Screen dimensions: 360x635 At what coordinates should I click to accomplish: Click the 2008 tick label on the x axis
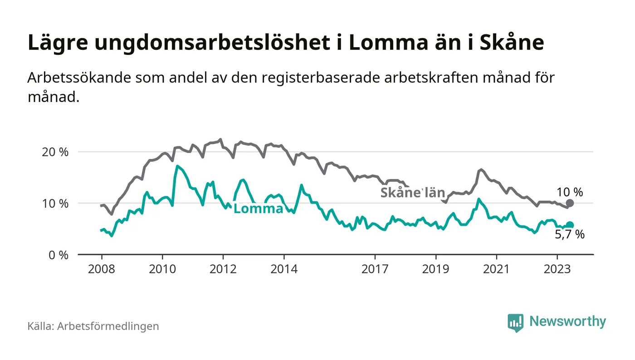click(x=101, y=269)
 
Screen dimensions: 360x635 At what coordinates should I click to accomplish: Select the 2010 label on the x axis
click(x=162, y=269)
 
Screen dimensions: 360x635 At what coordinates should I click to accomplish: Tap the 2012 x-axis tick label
click(x=223, y=269)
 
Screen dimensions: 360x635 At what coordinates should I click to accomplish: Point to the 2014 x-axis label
click(x=283, y=269)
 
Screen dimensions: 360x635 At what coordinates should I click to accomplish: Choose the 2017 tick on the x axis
click(x=375, y=269)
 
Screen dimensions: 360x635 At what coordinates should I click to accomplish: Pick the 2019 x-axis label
click(x=435, y=269)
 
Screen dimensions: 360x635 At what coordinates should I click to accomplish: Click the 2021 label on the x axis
click(x=496, y=269)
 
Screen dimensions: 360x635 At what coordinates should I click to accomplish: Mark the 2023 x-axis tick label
click(x=557, y=269)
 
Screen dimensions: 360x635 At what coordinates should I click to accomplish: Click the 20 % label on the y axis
click(x=54, y=152)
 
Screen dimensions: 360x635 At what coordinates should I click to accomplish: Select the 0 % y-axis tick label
click(x=58, y=255)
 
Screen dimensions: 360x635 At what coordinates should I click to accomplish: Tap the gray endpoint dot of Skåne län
click(x=570, y=203)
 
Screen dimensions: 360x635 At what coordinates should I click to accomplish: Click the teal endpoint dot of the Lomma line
click(x=570, y=225)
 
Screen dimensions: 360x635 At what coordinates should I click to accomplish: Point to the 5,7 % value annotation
click(x=570, y=235)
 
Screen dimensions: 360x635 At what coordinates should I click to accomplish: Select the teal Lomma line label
click(x=259, y=209)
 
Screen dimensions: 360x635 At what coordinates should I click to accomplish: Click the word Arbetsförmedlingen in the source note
click(x=108, y=326)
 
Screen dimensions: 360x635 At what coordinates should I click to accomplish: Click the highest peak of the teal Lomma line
click(x=177, y=166)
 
